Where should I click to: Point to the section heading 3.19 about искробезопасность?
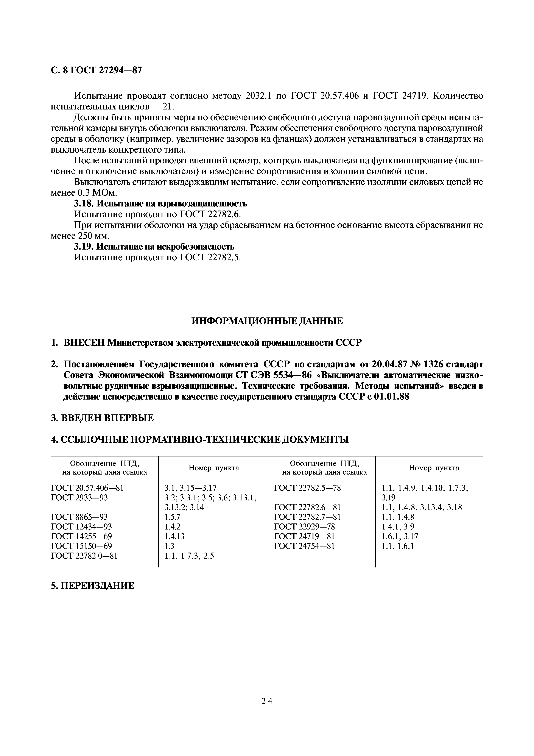tap(154, 246)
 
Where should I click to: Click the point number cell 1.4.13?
tap(174, 536)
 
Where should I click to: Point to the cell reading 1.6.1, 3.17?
tap(400, 536)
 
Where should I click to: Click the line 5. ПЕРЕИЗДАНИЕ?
tap(93, 586)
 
